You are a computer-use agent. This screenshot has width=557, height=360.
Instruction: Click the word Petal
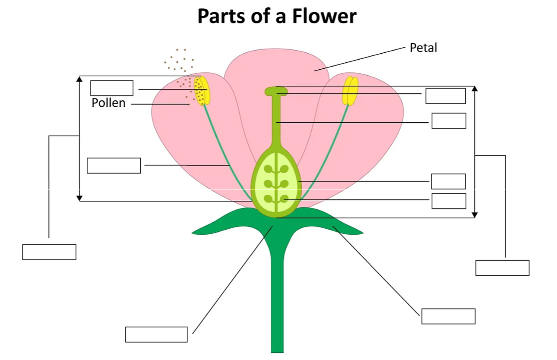coord(423,48)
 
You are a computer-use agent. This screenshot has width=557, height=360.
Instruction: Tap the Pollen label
coord(108,103)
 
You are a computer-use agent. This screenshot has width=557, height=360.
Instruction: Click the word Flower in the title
coord(324,16)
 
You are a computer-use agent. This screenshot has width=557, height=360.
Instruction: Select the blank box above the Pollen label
coord(111,88)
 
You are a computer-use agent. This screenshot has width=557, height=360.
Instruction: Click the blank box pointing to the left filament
coord(114,166)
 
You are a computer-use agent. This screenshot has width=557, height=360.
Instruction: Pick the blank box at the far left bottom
coord(49,252)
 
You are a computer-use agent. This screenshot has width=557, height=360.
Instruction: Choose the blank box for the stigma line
coord(445,96)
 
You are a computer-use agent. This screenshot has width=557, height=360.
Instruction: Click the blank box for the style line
coord(449,121)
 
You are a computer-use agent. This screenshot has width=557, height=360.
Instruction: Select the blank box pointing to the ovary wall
coord(448,181)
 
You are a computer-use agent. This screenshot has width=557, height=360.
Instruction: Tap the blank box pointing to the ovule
coord(449,201)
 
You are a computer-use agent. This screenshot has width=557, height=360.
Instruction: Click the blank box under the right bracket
coord(502,268)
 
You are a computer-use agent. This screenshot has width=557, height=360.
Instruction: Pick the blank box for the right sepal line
coord(448,316)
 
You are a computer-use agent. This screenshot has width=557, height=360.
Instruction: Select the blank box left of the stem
coord(156,335)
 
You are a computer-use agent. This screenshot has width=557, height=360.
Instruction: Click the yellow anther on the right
coord(350,91)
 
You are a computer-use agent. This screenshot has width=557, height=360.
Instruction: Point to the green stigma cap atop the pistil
coord(276,91)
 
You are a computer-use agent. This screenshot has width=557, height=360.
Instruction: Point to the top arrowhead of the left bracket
coord(79,79)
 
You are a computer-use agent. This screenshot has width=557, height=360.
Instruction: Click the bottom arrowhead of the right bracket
coord(474,215)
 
